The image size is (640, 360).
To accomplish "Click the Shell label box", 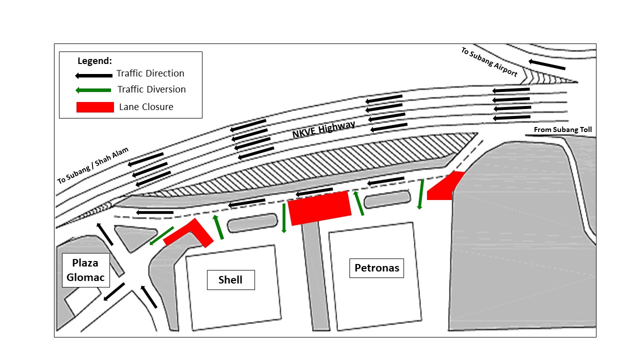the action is click(x=231, y=280).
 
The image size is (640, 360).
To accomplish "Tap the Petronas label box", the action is click(x=376, y=268).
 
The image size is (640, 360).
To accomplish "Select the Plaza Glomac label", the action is click(x=85, y=270).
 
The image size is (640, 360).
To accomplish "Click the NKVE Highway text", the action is click(x=323, y=129).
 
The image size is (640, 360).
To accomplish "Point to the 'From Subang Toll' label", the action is click(x=562, y=129).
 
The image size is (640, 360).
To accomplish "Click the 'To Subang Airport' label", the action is click(x=489, y=62).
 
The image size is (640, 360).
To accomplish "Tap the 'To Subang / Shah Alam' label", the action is click(x=93, y=165).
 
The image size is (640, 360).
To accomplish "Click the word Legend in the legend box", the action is click(x=94, y=61).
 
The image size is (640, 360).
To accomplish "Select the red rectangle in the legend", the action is click(x=95, y=107).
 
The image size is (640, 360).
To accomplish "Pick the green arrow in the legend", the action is click(x=93, y=90).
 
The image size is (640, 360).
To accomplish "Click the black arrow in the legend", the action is click(x=93, y=75).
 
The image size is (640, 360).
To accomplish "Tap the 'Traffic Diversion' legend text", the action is click(x=151, y=89).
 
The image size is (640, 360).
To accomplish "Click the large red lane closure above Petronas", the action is click(x=319, y=208).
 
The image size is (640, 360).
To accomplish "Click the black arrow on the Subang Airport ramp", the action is click(x=547, y=64).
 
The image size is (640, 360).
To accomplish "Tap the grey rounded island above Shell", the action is click(x=252, y=223).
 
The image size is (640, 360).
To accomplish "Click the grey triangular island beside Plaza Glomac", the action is click(x=134, y=237).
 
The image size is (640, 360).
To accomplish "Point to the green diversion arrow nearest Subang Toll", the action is click(x=420, y=194).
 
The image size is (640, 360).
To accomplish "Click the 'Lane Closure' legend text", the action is click(x=146, y=107).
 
